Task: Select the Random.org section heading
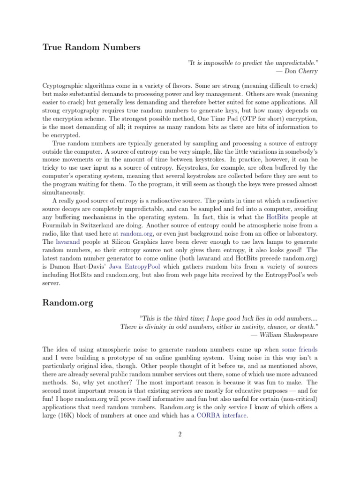68,303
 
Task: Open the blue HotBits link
277,217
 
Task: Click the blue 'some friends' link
300,350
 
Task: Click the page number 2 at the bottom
180,435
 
